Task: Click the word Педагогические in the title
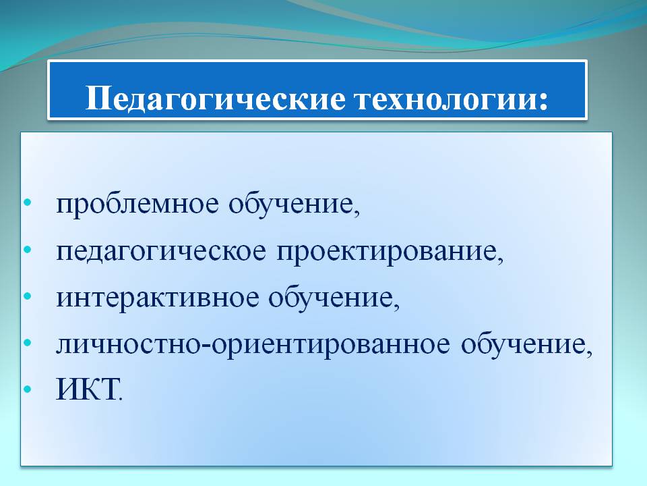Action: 216,100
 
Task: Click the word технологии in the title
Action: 442,99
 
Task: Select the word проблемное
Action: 137,204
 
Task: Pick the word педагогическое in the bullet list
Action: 161,252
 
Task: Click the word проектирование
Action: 387,252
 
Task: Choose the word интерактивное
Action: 158,298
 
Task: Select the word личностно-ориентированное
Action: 253,345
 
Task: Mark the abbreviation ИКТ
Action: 86,389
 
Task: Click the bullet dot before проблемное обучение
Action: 28,203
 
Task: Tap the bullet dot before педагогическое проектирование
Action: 28,250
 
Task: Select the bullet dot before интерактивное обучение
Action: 28,296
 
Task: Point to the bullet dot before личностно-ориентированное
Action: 28,343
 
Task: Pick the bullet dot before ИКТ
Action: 28,389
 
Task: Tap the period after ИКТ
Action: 121,399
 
